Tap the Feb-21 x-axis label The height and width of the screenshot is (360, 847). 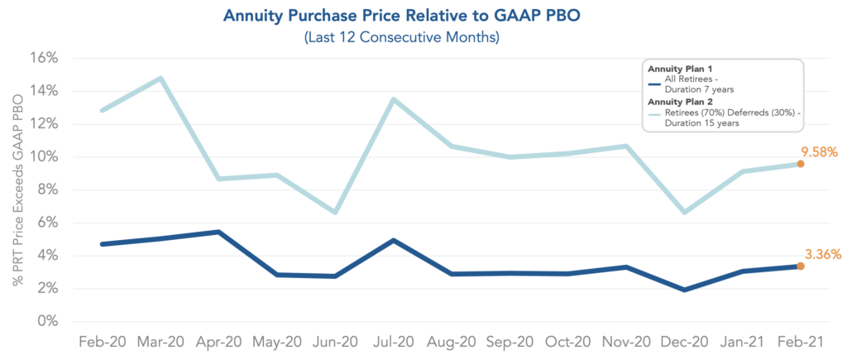[800, 343]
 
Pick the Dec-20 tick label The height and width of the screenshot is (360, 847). [683, 343]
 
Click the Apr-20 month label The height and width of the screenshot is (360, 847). [218, 343]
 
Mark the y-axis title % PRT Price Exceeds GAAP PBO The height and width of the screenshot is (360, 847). [17, 190]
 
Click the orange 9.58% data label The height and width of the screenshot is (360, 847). [820, 152]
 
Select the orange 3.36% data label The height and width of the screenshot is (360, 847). [822, 255]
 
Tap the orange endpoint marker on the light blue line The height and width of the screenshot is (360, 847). [801, 164]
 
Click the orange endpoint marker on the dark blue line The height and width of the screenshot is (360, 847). [801, 266]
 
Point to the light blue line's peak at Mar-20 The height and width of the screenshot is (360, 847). [160, 79]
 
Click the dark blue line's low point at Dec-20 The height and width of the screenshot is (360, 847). [684, 290]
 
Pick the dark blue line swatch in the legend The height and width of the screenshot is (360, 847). [655, 84]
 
